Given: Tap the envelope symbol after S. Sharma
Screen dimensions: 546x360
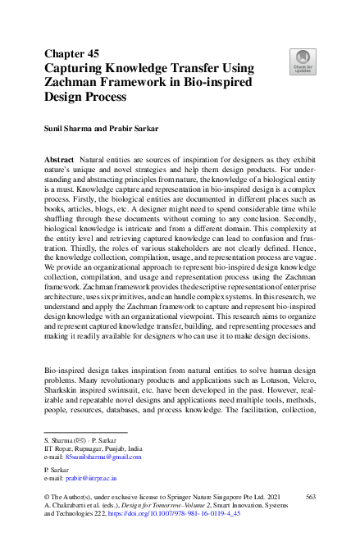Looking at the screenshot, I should click(x=79, y=442).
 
